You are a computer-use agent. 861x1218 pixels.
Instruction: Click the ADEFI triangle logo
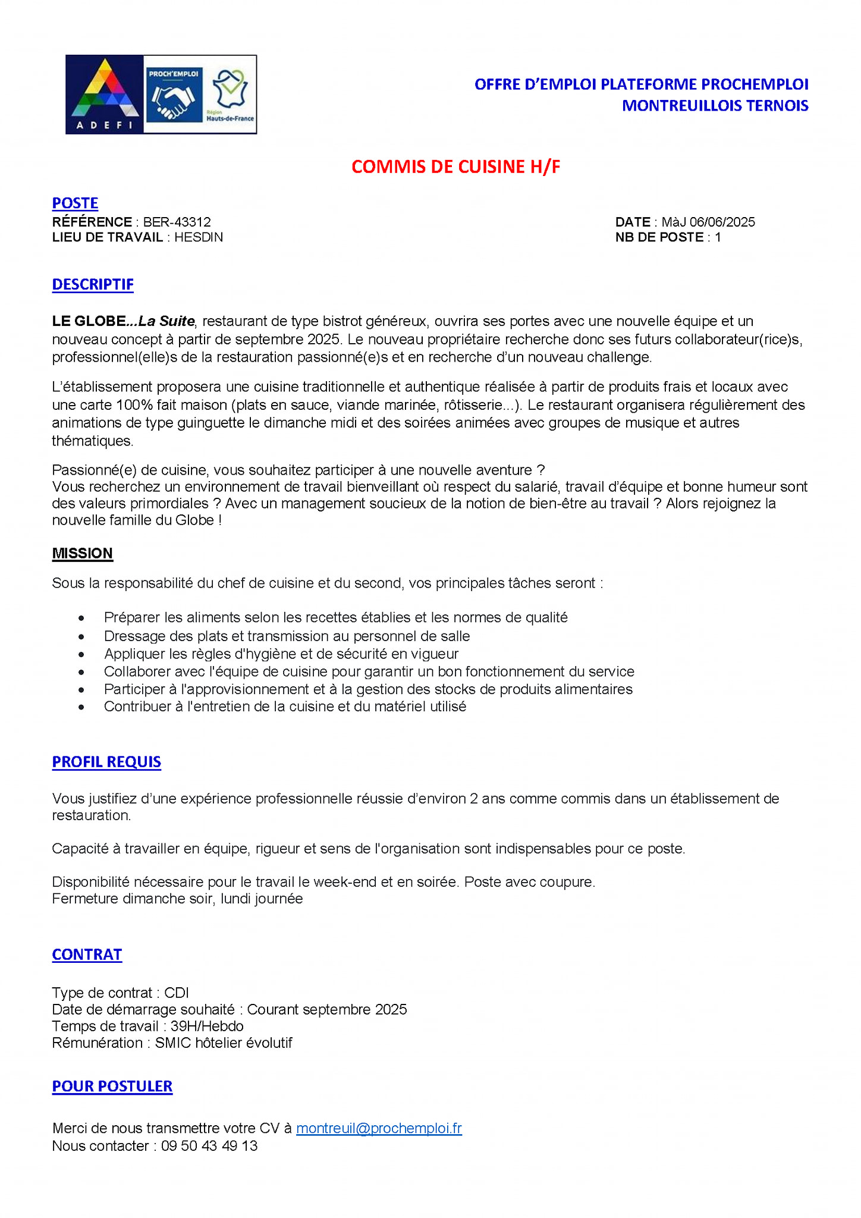pyautogui.click(x=105, y=94)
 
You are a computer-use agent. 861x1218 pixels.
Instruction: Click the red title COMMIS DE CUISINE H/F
pyautogui.click(x=455, y=167)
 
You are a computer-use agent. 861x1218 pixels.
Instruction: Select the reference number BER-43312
pyautogui.click(x=177, y=222)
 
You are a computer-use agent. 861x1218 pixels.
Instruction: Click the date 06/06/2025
pyautogui.click(x=722, y=222)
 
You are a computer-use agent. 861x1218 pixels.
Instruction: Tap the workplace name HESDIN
pyautogui.click(x=199, y=237)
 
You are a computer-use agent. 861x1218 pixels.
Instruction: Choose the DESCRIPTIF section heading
pyautogui.click(x=93, y=284)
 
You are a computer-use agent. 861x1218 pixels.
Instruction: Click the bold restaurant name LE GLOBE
pyautogui.click(x=89, y=321)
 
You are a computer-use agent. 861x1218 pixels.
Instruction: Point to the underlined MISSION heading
pyautogui.click(x=82, y=553)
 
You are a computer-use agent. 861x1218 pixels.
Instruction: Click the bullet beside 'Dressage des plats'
pyautogui.click(x=81, y=637)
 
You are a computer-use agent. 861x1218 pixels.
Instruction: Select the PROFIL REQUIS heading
pyautogui.click(x=106, y=762)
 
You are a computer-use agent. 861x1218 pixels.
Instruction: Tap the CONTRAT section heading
pyautogui.click(x=87, y=955)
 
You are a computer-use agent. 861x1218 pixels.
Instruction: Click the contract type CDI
pyautogui.click(x=177, y=993)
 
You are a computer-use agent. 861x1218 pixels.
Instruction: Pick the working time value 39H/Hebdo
pyautogui.click(x=207, y=1026)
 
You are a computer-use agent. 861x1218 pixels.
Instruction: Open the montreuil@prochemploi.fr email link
pyautogui.click(x=379, y=1128)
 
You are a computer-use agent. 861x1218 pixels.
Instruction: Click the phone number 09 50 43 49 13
pyautogui.click(x=209, y=1146)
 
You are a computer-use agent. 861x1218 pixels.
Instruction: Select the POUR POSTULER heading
pyautogui.click(x=112, y=1086)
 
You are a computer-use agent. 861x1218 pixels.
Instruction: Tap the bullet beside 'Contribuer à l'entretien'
pyautogui.click(x=81, y=708)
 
